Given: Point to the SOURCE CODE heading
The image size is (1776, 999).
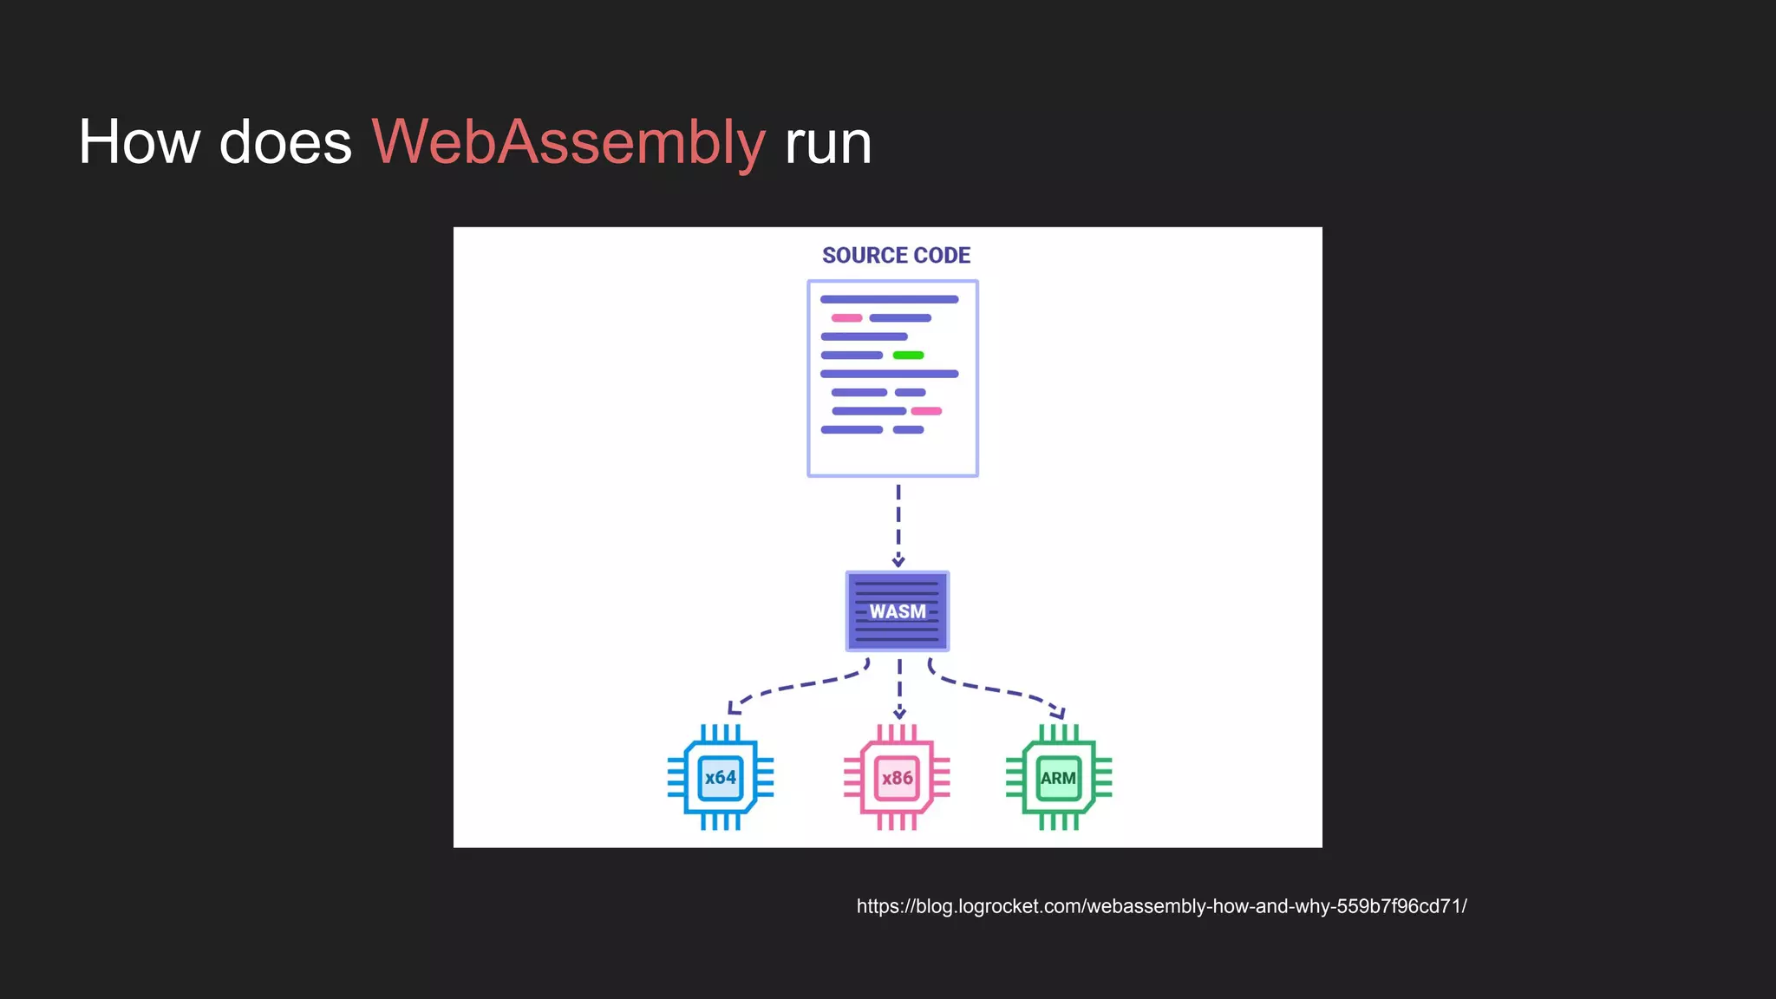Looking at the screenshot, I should [896, 256].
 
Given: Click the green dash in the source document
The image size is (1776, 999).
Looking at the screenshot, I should [908, 356].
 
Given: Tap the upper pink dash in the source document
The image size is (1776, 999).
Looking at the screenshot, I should [846, 318].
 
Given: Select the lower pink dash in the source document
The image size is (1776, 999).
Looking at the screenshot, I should [926, 411].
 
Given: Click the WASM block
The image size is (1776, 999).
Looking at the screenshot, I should [898, 611].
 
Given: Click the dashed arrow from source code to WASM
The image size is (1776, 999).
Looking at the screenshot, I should [898, 525].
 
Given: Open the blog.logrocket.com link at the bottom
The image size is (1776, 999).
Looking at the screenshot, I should [1161, 906].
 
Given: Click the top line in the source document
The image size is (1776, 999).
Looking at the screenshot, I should [889, 299].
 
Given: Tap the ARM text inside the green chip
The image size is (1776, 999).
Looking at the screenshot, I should [1059, 778].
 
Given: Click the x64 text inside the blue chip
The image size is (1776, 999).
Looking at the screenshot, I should [721, 778].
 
